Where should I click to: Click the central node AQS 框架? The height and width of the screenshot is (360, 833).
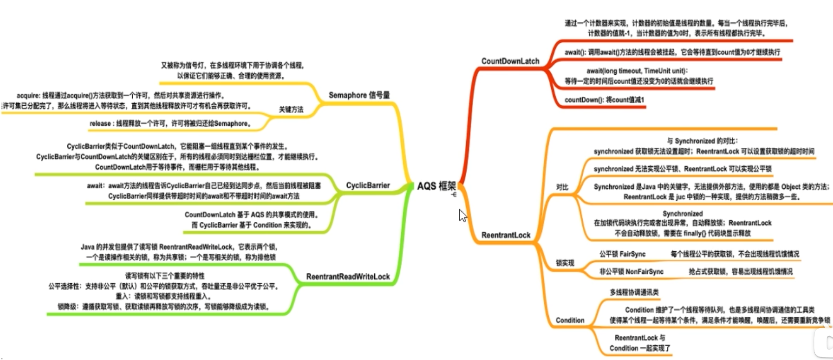pyautogui.click(x=436, y=186)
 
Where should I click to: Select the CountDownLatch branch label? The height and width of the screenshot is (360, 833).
pyautogui.click(x=510, y=61)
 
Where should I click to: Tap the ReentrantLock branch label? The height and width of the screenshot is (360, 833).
pyautogui.click(x=506, y=235)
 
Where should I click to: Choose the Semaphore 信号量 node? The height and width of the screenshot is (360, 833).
pyautogui.click(x=359, y=95)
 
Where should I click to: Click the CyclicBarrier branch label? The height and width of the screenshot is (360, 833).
pyautogui.click(x=367, y=185)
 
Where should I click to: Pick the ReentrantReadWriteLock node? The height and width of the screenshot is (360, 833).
pyautogui.click(x=348, y=276)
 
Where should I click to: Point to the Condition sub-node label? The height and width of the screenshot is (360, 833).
pyautogui.click(x=570, y=320)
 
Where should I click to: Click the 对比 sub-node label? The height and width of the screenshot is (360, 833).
pyautogui.click(x=562, y=187)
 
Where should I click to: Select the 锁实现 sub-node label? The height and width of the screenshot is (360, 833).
pyautogui.click(x=565, y=263)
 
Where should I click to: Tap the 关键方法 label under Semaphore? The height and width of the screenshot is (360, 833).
pyautogui.click(x=291, y=110)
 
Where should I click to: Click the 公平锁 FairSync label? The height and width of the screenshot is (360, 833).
pyautogui.click(x=622, y=254)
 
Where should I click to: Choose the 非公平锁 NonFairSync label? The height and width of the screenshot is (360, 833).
pyautogui.click(x=631, y=271)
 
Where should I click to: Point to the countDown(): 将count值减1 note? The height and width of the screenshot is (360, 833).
pyautogui.click(x=604, y=100)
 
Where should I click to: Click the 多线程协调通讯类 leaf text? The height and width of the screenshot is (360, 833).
pyautogui.click(x=634, y=292)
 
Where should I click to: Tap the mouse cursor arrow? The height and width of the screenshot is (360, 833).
pyautogui.click(x=462, y=215)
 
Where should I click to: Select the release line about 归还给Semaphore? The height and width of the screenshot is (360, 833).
pyautogui.click(x=171, y=123)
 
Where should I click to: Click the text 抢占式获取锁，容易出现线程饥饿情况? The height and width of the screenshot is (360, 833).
pyautogui.click(x=741, y=271)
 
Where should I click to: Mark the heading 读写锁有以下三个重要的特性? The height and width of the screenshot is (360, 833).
pyautogui.click(x=165, y=276)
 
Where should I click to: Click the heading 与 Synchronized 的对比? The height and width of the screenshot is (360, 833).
pyautogui.click(x=702, y=141)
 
